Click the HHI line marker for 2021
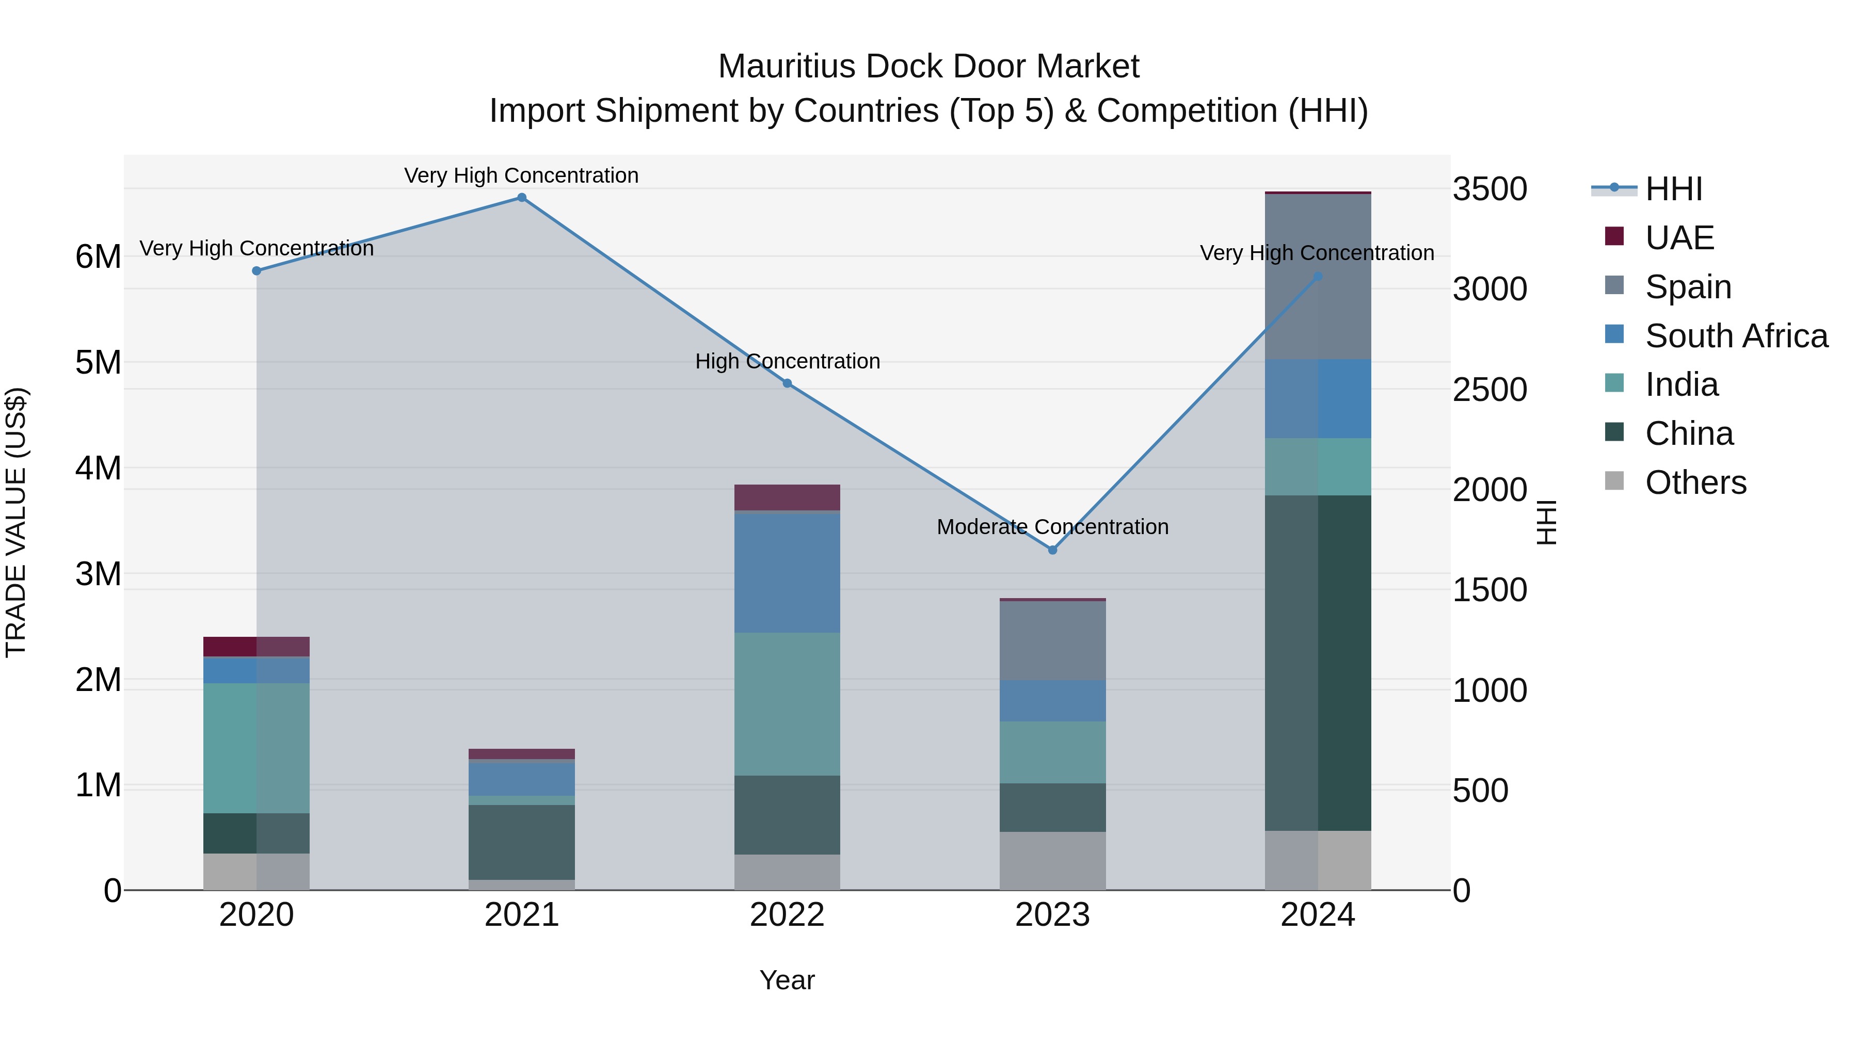(x=521, y=198)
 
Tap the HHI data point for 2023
(x=1052, y=550)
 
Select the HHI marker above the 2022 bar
(x=787, y=383)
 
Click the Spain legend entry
(x=1688, y=287)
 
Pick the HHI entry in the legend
(x=1673, y=189)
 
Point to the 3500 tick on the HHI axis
(x=1489, y=189)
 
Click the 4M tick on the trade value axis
(x=98, y=468)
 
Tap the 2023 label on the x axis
(x=1052, y=915)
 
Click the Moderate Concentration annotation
(x=1052, y=527)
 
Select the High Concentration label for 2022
(x=787, y=361)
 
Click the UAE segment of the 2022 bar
(x=787, y=497)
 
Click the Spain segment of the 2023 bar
(x=1052, y=640)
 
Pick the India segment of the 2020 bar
(x=256, y=748)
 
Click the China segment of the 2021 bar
(x=521, y=842)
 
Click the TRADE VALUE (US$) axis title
(x=16, y=522)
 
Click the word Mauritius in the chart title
(x=787, y=67)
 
